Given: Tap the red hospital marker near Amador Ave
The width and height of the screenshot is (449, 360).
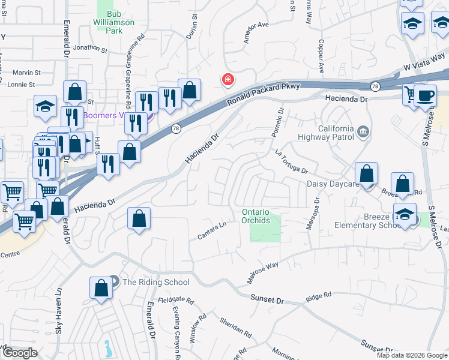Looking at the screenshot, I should click(x=228, y=79).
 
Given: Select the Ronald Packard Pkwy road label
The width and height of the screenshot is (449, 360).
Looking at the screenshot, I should click(x=264, y=94).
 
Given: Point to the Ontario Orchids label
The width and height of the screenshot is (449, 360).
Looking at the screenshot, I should click(x=261, y=216).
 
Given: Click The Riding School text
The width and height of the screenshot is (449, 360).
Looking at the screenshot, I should click(x=156, y=282).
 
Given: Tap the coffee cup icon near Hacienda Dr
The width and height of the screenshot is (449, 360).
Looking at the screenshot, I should click(x=426, y=96).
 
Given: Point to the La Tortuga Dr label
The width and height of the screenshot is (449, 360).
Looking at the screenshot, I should click(x=291, y=163).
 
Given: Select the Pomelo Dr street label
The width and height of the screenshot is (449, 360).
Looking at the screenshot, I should click(x=277, y=122).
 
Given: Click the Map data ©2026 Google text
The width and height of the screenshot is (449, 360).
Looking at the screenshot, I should click(x=412, y=355).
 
